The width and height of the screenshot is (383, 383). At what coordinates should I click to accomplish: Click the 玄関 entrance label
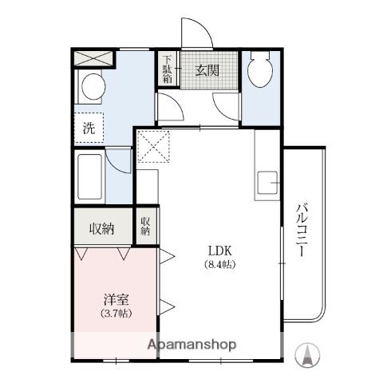coord(207,70)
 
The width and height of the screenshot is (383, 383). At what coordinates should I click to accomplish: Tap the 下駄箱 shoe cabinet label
coord(168,69)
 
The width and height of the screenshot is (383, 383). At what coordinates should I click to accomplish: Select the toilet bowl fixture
coord(260,69)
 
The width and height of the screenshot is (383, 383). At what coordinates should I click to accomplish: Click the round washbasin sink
coord(93,87)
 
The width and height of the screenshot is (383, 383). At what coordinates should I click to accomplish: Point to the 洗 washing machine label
coord(89,128)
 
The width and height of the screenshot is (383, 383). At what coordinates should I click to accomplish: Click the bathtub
coord(90,176)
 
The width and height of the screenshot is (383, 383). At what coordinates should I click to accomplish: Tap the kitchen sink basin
coord(267,183)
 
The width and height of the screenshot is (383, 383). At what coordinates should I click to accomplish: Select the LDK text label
coord(220,251)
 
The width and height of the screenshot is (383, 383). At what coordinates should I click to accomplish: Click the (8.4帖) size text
coord(220,265)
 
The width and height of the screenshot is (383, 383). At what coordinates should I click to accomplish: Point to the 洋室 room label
coord(116,299)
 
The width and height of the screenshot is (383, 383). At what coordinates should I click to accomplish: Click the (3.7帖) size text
coord(116,314)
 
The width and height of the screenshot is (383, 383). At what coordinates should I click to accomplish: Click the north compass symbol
coord(307,355)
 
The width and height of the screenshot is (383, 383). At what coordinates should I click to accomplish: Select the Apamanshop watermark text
coord(191,345)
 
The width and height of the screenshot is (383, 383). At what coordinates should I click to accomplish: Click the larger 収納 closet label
coord(101,228)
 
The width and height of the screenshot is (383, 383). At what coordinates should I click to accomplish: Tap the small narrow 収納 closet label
coord(145,226)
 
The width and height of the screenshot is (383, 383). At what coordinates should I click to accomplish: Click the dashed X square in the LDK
coord(153,146)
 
